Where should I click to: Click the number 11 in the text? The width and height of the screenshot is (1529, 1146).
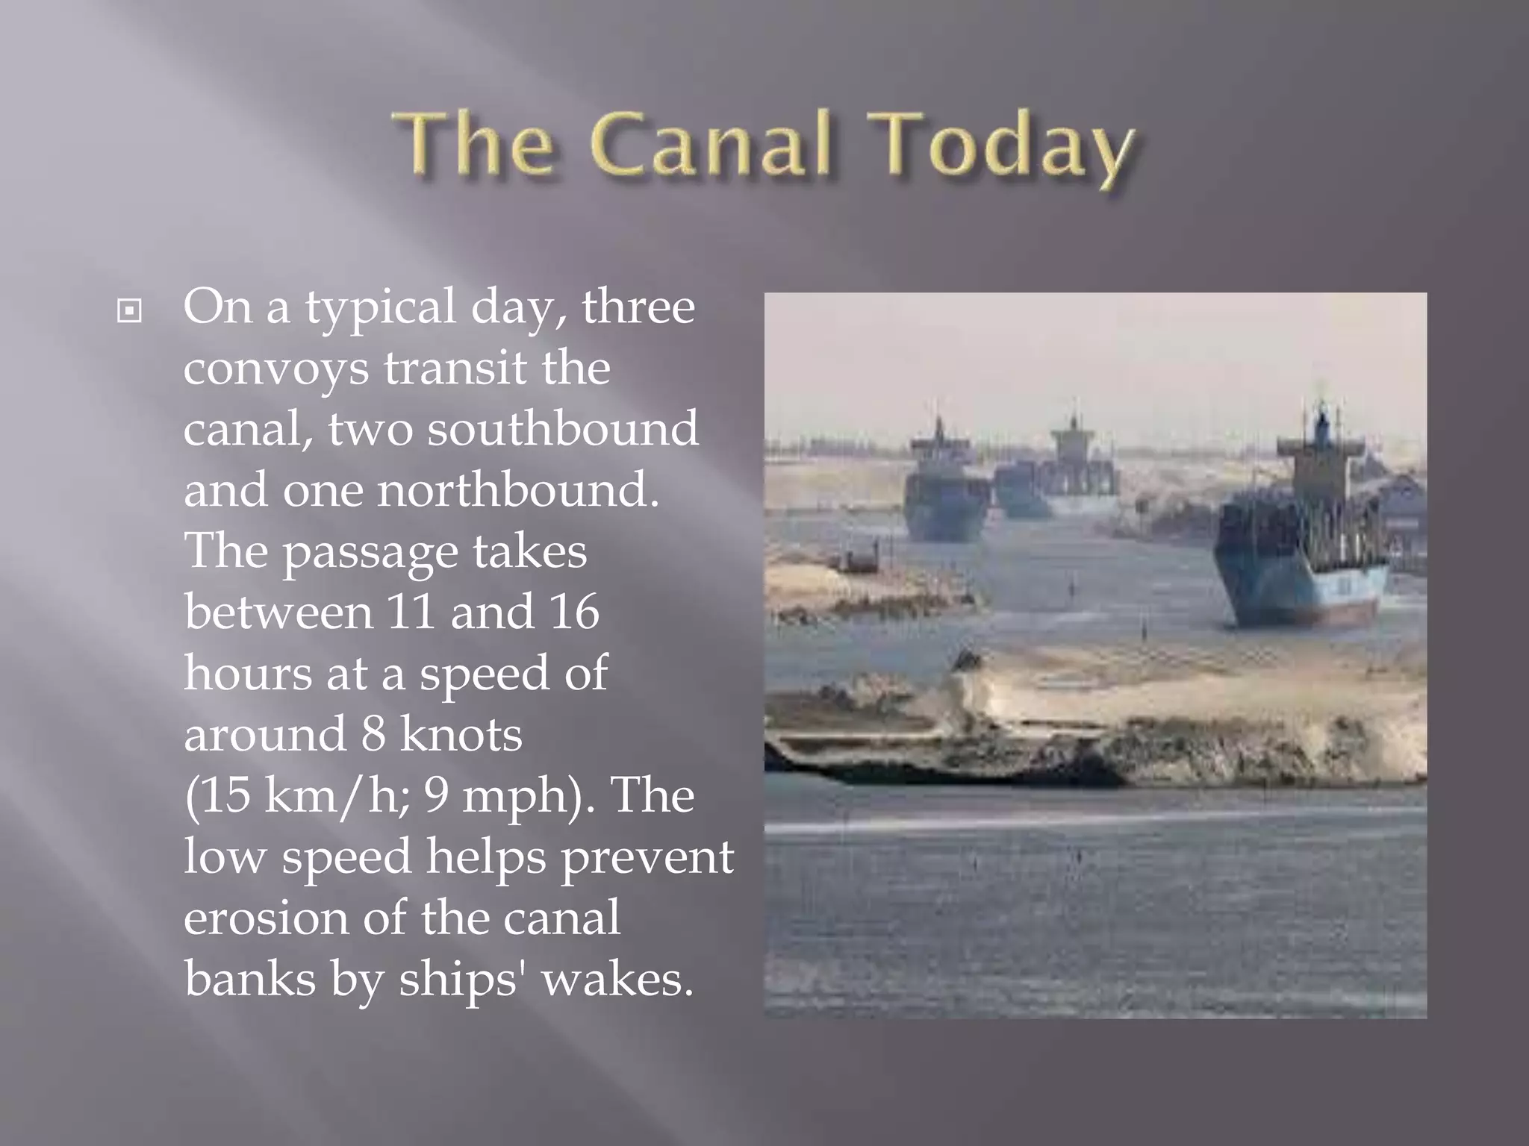411,611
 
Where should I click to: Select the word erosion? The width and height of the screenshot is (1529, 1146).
265,917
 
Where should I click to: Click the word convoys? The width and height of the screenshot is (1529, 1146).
275,369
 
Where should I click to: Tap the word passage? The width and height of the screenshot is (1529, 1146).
370,552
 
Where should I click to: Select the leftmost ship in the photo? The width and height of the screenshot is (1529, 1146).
945,492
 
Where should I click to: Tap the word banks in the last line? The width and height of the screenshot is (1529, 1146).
250,978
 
